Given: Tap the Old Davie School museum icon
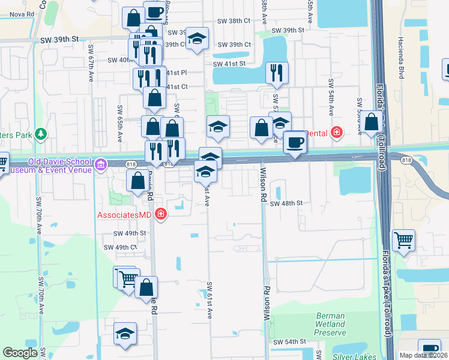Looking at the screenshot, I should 100,163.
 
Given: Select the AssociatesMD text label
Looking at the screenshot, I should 124,214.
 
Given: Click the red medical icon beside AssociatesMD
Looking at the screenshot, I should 160,214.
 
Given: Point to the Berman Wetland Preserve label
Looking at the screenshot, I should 331,324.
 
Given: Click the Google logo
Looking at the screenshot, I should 20,353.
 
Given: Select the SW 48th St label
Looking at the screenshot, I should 284,203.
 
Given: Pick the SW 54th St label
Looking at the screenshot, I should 290,341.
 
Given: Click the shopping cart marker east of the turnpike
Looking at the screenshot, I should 404,240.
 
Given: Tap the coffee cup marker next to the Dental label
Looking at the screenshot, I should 295,142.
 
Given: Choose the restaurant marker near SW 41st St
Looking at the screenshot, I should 276,73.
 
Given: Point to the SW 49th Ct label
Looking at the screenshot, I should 121,247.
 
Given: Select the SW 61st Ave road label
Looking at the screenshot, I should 209,300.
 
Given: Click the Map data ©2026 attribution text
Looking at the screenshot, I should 423,355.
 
